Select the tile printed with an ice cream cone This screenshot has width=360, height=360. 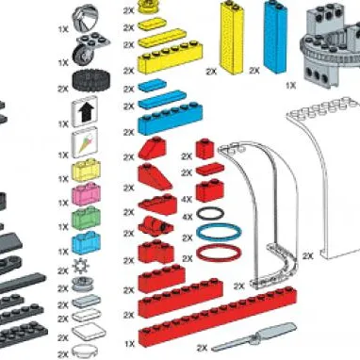(x=87, y=143)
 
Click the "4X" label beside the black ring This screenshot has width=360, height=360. (x=187, y=216)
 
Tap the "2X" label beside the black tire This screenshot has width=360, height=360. (x=63, y=88)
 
